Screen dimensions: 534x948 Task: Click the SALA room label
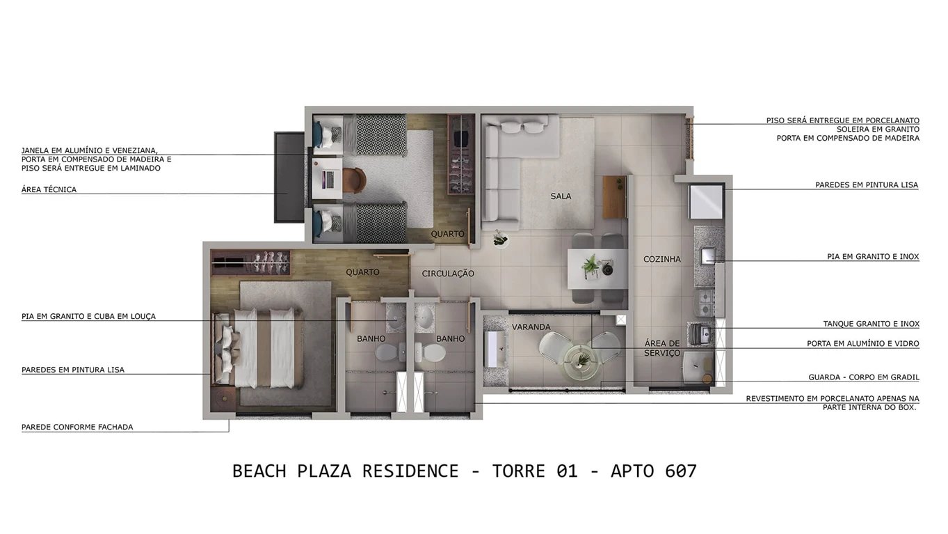[x=561, y=196]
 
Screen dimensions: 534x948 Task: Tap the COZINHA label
[x=661, y=259]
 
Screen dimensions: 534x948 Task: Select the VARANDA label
[x=531, y=327]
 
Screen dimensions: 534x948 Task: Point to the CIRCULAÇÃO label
[x=448, y=274]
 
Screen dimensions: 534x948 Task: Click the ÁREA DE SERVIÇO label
[x=661, y=348]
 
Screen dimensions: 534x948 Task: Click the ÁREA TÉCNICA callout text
[x=49, y=189]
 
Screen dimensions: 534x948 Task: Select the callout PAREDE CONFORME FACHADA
[x=77, y=427]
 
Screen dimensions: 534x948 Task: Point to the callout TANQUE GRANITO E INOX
[x=871, y=324]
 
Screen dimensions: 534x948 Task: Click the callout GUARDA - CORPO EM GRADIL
[x=863, y=377]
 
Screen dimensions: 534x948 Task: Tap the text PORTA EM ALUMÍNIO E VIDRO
[x=862, y=343]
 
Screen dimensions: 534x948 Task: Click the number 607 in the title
[x=680, y=471]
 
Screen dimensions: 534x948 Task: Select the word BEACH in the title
[x=259, y=471]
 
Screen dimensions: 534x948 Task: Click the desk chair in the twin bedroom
[x=353, y=180]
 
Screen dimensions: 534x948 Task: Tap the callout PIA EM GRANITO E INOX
[x=872, y=257]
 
